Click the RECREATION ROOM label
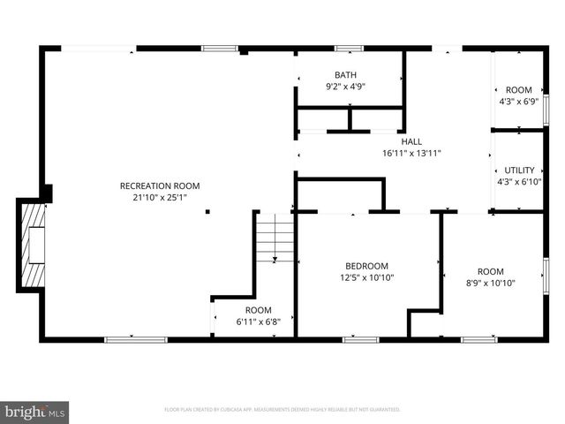click(160, 185)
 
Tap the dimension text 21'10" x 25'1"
click(160, 197)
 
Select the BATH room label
click(345, 75)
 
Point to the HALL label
click(411, 141)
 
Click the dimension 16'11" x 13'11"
click(411, 153)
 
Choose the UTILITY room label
click(519, 170)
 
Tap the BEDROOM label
click(365, 266)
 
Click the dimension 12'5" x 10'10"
click(365, 277)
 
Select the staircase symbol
click(275, 238)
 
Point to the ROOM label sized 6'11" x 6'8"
click(258, 310)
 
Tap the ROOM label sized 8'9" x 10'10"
click(490, 271)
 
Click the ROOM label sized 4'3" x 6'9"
click(518, 90)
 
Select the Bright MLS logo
click(35, 412)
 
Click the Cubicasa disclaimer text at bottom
click(282, 410)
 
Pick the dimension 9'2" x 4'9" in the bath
click(345, 87)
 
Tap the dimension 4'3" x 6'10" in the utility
click(519, 181)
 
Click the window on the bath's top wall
click(349, 48)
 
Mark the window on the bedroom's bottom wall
click(360, 338)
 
